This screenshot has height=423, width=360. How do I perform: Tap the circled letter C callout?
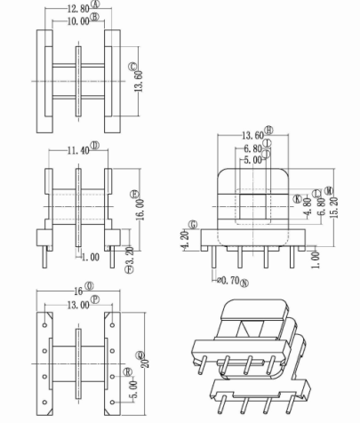pyautogui.click(x=133, y=67)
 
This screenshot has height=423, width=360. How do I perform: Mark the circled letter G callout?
pyautogui.click(x=191, y=225)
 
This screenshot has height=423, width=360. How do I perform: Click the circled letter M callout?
pyautogui.click(x=329, y=189)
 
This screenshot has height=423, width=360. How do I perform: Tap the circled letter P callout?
pyautogui.click(x=100, y=300)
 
